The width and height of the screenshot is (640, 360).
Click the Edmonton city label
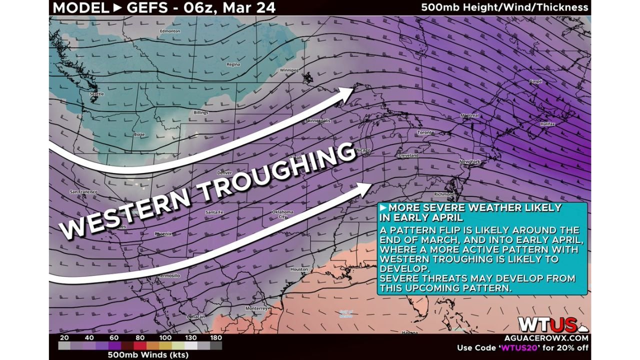pyautogui.click(x=169, y=31)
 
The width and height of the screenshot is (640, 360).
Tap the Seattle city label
pyautogui.click(x=96, y=94)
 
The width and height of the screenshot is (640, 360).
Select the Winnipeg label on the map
pyautogui.click(x=288, y=70)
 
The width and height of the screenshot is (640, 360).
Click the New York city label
pyautogui.click(x=469, y=162)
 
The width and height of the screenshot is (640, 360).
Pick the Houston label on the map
pyautogui.click(x=299, y=269)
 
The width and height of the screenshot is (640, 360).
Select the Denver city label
pyautogui.click(x=224, y=172)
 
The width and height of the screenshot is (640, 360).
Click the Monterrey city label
pyautogui.click(x=256, y=308)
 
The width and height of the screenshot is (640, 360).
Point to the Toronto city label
pyautogui.click(x=425, y=133)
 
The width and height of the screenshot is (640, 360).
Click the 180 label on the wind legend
pyautogui.click(x=215, y=338)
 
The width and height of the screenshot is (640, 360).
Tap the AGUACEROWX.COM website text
pyautogui.click(x=554, y=338)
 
